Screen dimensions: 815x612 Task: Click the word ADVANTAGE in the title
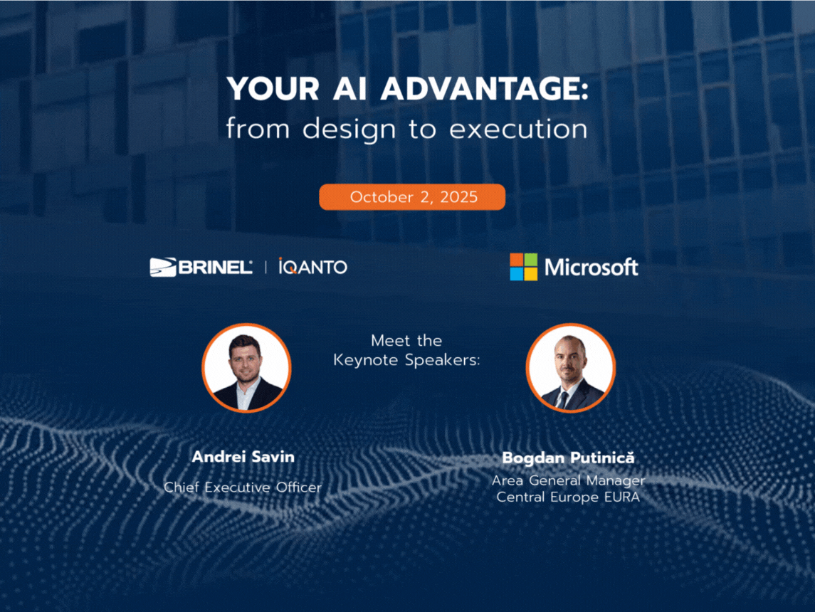484,89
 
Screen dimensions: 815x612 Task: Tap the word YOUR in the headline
273,89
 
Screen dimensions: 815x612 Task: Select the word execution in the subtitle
518,129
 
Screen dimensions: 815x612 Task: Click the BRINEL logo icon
163,267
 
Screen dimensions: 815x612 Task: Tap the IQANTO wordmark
313,267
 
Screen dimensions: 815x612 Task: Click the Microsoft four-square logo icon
523,267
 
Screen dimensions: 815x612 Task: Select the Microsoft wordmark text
591,267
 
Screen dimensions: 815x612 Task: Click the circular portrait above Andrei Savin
246,368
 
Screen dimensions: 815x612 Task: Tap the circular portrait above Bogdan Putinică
571,368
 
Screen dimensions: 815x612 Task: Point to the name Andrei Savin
243,457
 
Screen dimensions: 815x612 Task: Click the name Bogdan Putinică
568,458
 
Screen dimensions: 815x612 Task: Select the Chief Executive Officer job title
243,487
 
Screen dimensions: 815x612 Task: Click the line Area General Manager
568,481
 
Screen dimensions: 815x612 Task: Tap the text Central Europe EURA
568,497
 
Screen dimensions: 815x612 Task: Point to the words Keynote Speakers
406,360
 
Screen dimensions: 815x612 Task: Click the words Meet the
406,340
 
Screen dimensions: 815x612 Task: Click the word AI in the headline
349,89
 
